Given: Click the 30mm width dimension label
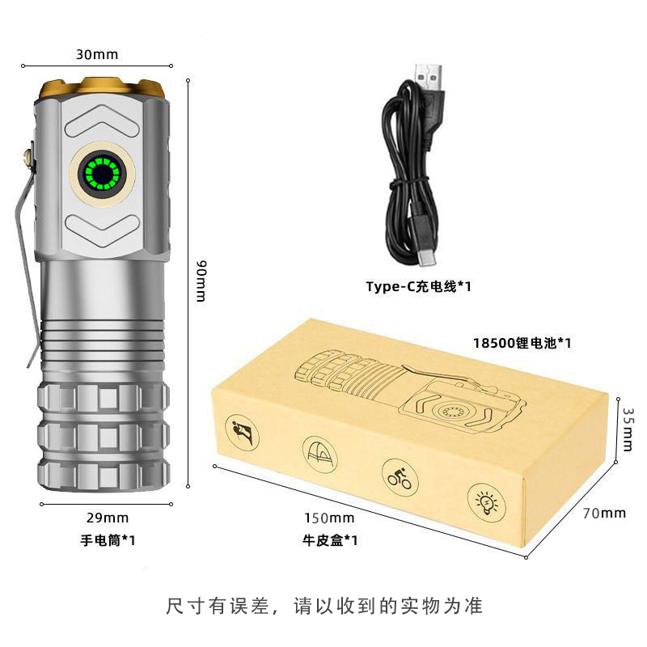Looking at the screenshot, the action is coord(97,54).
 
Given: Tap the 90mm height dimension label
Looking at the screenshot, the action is coord(201,281).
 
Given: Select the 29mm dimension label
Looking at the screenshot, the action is coord(108,518).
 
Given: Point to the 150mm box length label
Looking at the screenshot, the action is coord(329,518).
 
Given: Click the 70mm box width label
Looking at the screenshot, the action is coord(604,513).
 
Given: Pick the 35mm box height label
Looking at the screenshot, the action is coord(628,429).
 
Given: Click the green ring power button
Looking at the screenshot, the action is coord(103,173).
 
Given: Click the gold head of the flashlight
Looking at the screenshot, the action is coord(102,88).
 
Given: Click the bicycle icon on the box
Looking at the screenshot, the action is coord(400,478).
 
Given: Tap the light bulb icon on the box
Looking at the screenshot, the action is coord(487,503).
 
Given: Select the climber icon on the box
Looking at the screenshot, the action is coord(242,433).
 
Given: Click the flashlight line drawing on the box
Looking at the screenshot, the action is coord(411,392).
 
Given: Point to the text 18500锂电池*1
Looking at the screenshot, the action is coord(522,343).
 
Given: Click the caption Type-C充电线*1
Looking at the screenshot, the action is coord(418,286).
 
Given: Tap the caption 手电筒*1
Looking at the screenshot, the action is coord(108,540).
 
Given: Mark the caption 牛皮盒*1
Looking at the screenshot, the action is coord(330,540).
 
